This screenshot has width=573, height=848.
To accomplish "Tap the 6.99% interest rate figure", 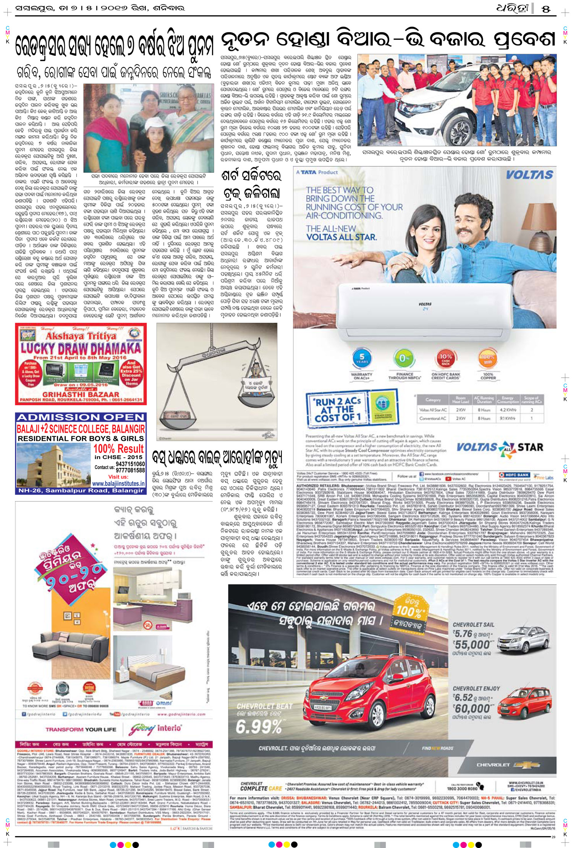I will (x=259, y=726).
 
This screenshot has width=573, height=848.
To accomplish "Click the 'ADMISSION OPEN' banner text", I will (x=81, y=417).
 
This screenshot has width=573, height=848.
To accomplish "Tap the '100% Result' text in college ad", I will (x=119, y=448).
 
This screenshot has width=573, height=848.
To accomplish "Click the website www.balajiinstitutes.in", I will (x=118, y=484).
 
